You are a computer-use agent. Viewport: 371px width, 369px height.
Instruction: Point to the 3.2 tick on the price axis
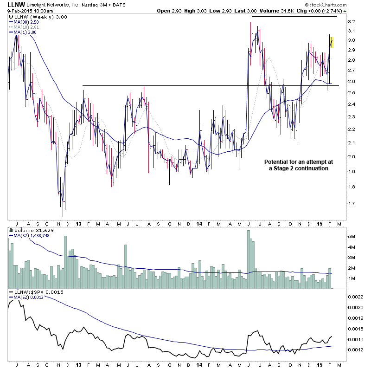(351, 22)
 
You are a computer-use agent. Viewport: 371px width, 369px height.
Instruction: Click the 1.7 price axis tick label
(351, 203)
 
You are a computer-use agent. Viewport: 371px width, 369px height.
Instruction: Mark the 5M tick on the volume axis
(352, 236)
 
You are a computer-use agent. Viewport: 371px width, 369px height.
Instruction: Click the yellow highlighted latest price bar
(332, 42)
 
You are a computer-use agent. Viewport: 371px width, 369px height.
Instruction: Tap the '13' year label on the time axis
(78, 223)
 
